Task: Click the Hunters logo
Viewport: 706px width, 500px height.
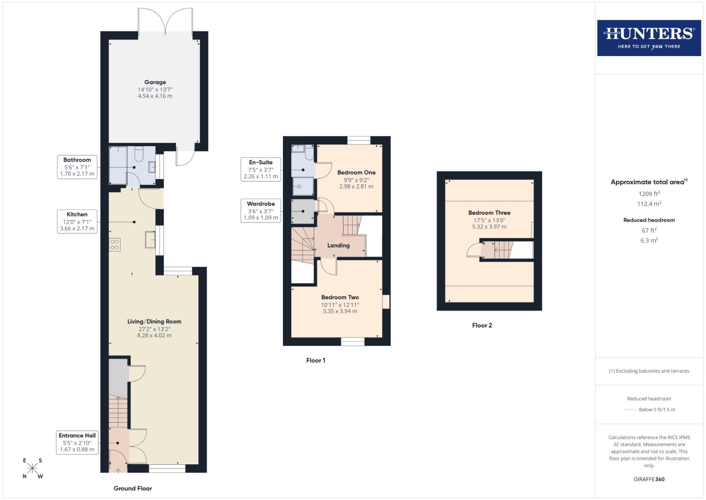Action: [x=649, y=38]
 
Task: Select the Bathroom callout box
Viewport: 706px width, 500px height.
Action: [x=77, y=167]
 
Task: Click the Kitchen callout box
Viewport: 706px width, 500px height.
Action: [x=77, y=221]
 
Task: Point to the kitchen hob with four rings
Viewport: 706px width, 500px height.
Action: [x=115, y=245]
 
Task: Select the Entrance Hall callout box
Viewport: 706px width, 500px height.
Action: [x=77, y=442]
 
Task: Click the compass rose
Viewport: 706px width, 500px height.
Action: [x=32, y=468]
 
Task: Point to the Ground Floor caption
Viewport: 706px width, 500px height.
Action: [x=133, y=488]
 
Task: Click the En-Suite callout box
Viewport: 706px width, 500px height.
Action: [x=261, y=169]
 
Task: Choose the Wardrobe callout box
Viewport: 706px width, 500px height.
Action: [x=261, y=211]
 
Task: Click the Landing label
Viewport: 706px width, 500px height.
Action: [x=338, y=245]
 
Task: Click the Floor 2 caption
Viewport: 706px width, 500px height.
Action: [x=482, y=325]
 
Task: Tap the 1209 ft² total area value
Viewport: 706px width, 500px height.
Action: [x=649, y=194]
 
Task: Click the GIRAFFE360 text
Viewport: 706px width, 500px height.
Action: [x=649, y=479]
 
